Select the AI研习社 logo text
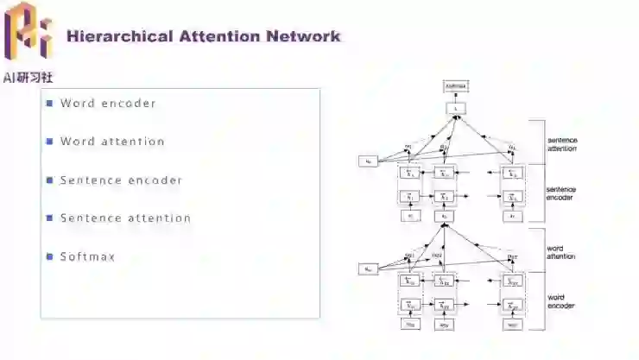coord(28,78)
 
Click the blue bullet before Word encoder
coord(50,104)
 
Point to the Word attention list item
coord(112,142)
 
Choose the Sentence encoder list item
coord(121,180)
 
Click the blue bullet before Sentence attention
coord(50,218)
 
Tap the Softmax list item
coord(87,256)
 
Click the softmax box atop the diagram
coord(455,86)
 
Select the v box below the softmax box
coord(455,108)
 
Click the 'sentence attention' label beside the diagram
coord(562,144)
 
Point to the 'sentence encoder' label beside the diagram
coord(562,193)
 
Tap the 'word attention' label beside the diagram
coord(560,252)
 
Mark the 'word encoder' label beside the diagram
coord(560,301)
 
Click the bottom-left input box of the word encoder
coord(409,325)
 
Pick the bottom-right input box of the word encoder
coord(512,325)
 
